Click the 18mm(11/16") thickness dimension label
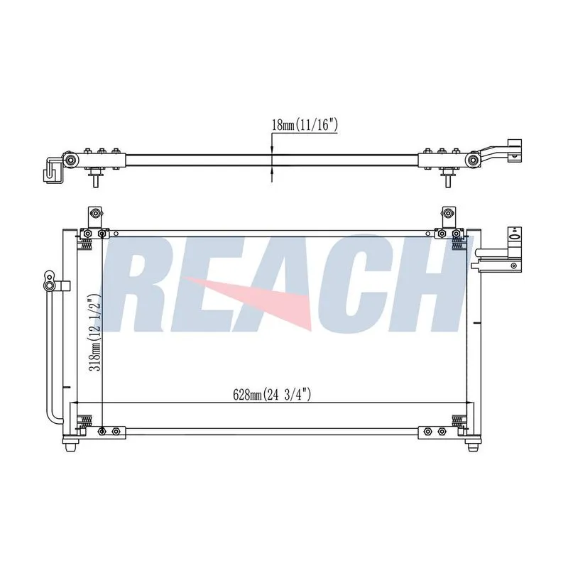(x=305, y=126)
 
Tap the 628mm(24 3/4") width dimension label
(x=272, y=394)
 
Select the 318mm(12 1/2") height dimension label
(x=95, y=332)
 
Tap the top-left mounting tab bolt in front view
(x=95, y=212)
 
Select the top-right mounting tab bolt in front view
(x=448, y=212)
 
